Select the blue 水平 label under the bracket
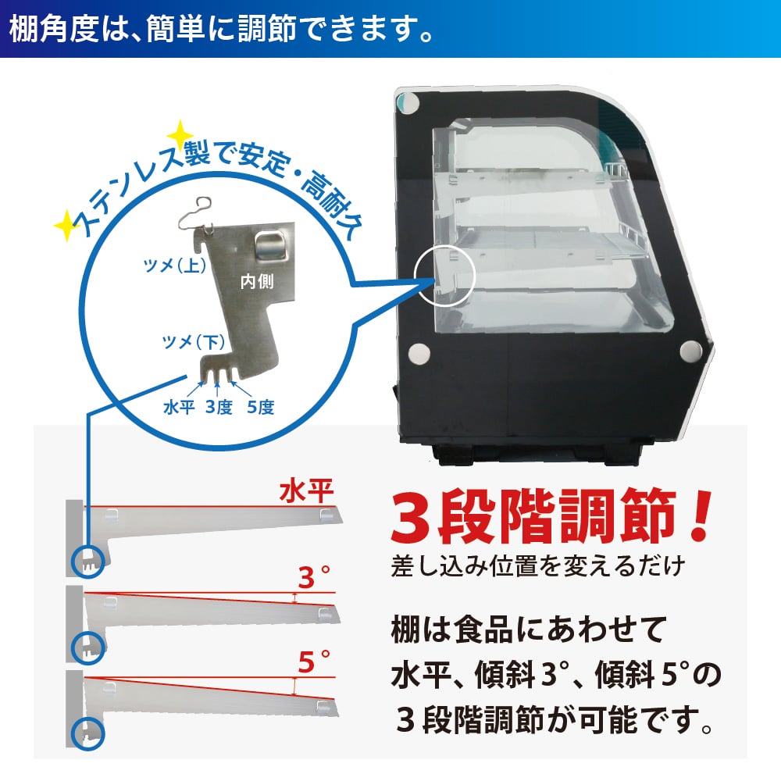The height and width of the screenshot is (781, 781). (x=178, y=407)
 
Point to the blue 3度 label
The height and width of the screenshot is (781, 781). (x=219, y=407)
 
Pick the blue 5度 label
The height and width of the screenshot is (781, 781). (x=260, y=407)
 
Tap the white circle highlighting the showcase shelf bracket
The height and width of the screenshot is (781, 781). (x=445, y=277)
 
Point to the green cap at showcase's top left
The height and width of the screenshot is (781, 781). (x=405, y=102)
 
